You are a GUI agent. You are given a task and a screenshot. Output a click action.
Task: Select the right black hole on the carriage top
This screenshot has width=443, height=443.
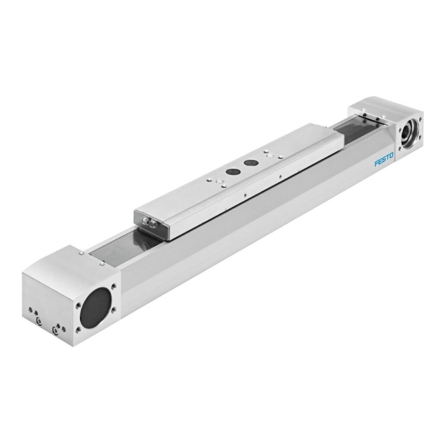250,163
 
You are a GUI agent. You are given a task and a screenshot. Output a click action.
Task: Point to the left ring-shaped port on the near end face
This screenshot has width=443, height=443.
40,321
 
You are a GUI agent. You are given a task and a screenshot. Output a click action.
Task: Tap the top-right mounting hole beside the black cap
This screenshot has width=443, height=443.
113,286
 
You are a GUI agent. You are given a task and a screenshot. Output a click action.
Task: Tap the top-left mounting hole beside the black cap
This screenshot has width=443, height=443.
78,305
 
